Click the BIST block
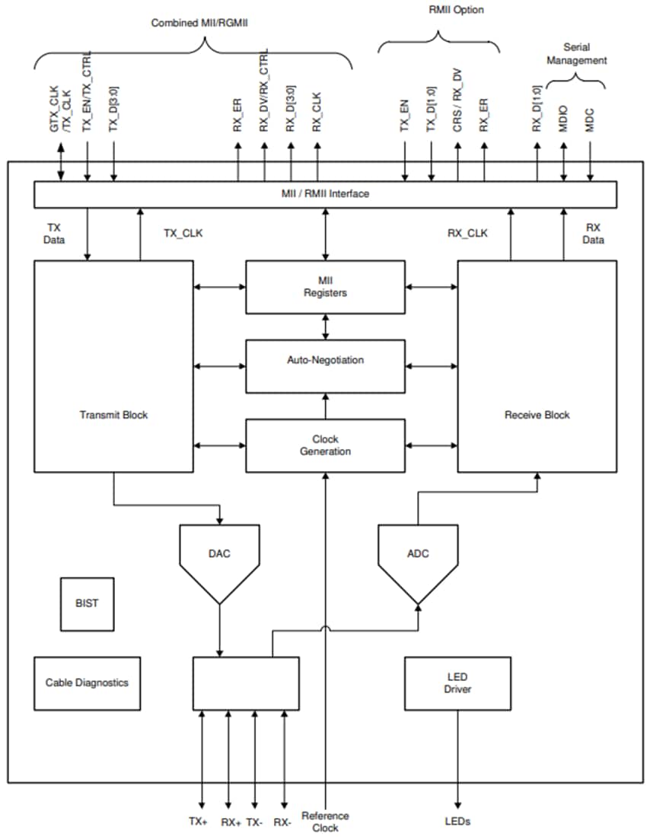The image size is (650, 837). click(x=87, y=603)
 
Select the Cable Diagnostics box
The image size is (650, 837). click(x=87, y=683)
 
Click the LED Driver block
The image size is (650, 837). click(x=457, y=683)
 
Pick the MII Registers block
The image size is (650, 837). click(x=325, y=287)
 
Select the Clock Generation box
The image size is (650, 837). click(x=325, y=445)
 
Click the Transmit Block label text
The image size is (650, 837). click(x=113, y=415)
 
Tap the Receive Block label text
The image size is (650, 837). click(x=537, y=415)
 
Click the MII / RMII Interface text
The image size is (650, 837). click(x=325, y=194)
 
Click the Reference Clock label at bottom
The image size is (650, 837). click(x=325, y=821)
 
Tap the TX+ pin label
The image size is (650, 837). click(x=198, y=822)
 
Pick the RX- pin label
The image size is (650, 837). click(x=283, y=822)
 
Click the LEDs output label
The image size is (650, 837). click(x=457, y=822)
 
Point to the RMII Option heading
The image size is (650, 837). click(x=457, y=10)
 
